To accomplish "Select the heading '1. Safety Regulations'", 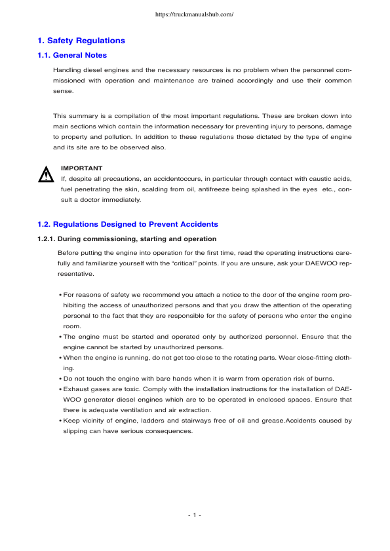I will pyautogui.click(x=81, y=41).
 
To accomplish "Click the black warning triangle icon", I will pyautogui.click(x=46, y=175).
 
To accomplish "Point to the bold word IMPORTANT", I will pyautogui.click(x=81, y=168).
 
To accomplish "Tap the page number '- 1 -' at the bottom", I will pyautogui.click(x=195, y=515).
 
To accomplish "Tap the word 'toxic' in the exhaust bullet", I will pyautogui.click(x=123, y=389).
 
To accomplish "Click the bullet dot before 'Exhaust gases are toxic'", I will pyautogui.click(x=60, y=389).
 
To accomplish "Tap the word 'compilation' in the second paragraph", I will pyautogui.click(x=126, y=117).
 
